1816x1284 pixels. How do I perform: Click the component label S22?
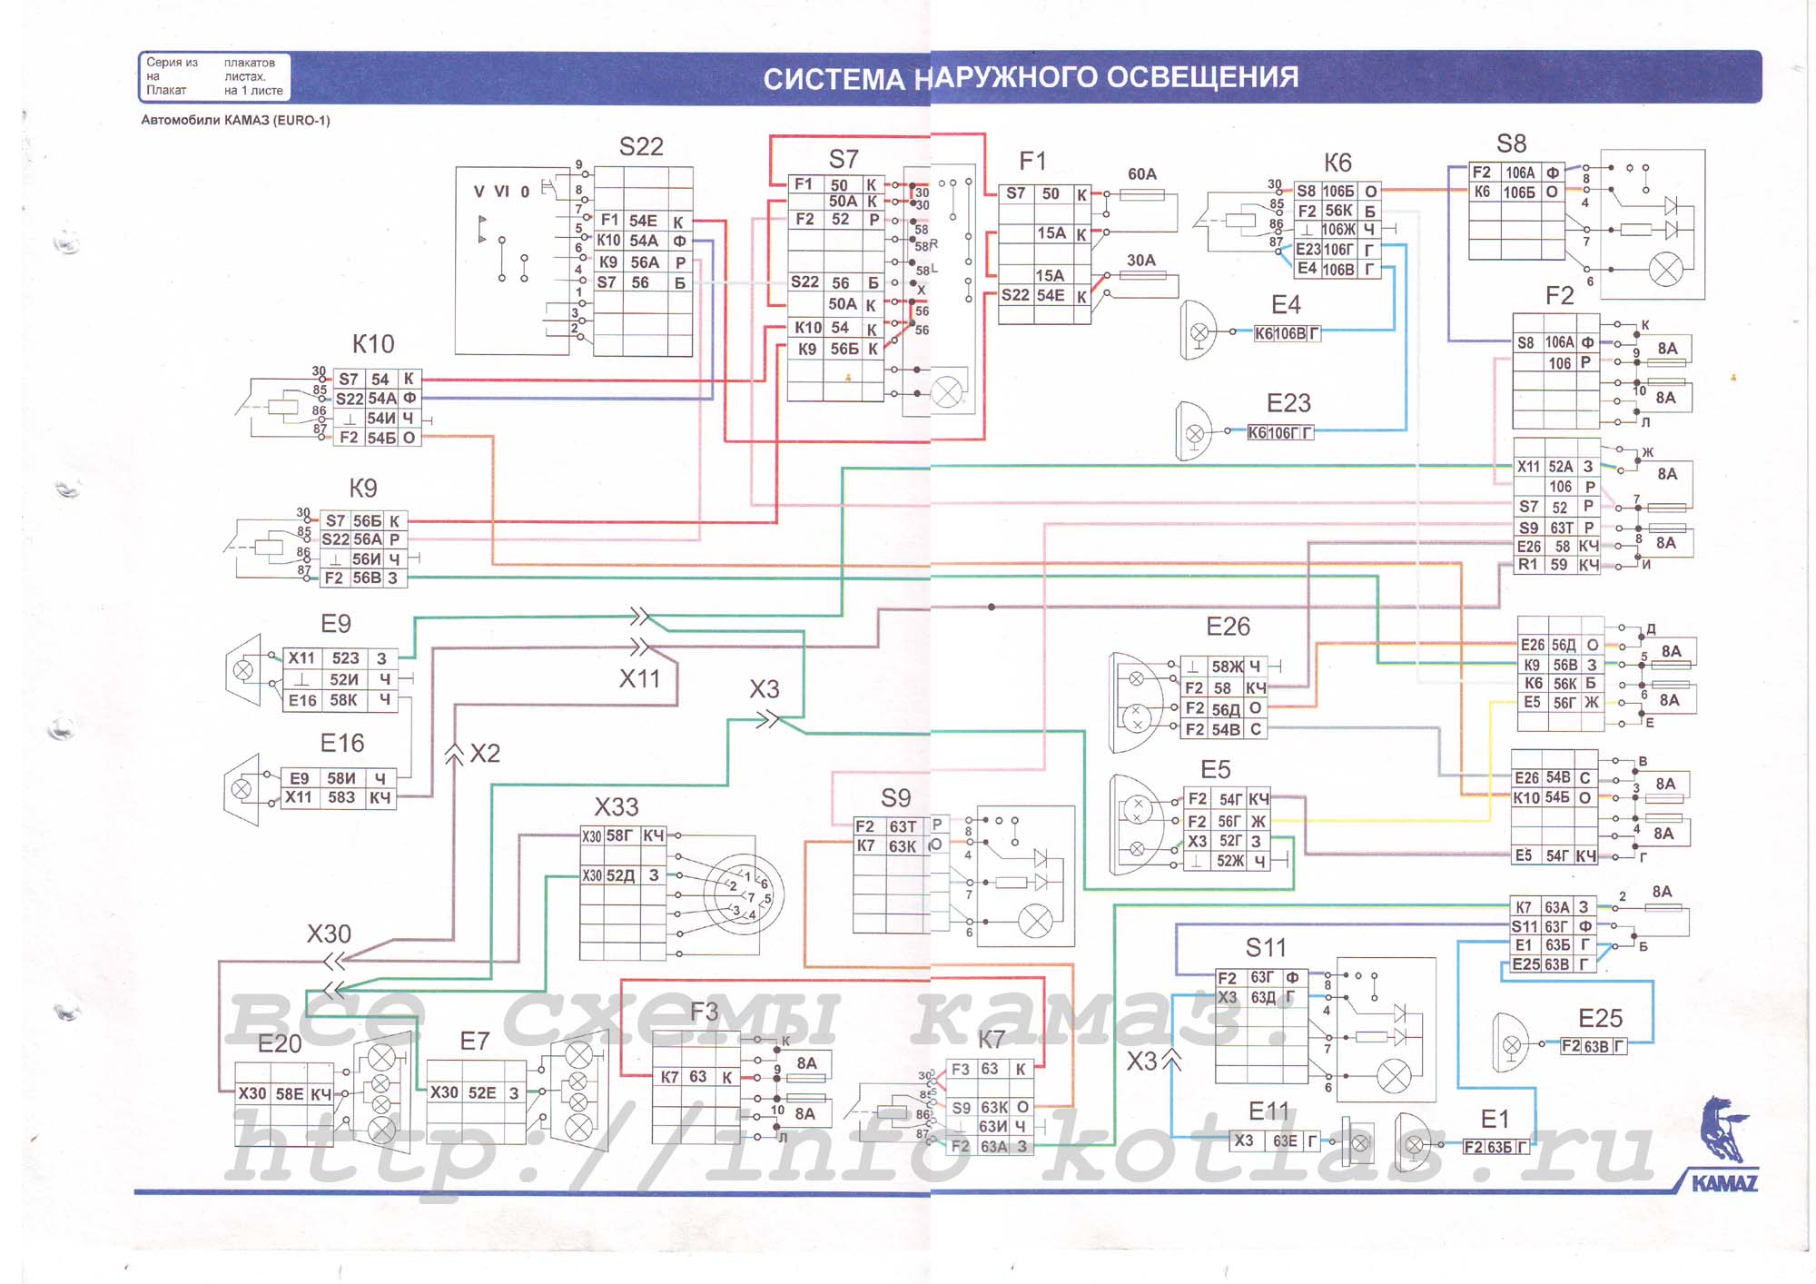click(x=641, y=146)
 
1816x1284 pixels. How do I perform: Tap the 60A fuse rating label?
click(x=1141, y=173)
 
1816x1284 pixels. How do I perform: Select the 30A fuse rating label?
click(x=1140, y=260)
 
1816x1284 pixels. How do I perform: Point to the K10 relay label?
click(x=373, y=344)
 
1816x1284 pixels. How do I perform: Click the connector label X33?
click(x=617, y=806)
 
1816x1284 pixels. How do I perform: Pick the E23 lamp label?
click(x=1288, y=403)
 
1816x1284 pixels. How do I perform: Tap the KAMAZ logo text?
click(x=1724, y=1182)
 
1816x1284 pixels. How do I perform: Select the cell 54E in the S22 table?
click(x=643, y=221)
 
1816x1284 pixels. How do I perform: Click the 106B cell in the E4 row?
click(x=1337, y=269)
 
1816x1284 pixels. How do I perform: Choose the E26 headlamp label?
click(x=1228, y=627)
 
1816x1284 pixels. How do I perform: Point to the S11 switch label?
click(x=1266, y=948)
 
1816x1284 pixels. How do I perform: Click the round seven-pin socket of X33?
click(x=744, y=894)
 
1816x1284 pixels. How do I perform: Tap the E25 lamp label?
click(x=1600, y=1018)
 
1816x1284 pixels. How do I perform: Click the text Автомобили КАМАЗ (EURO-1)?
click(x=235, y=120)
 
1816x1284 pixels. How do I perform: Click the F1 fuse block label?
click(x=1032, y=162)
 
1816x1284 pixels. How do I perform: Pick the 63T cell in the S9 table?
click(x=903, y=826)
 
